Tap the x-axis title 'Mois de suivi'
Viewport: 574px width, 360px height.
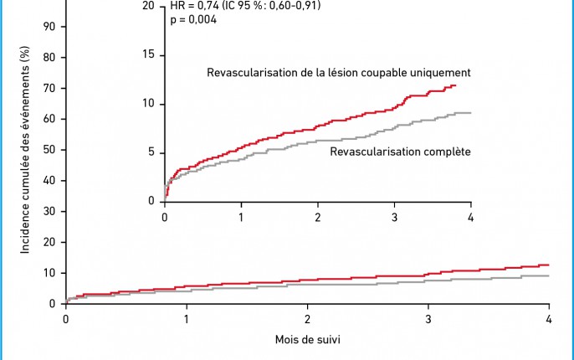[x=306, y=340]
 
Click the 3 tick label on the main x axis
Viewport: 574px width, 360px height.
[x=428, y=320]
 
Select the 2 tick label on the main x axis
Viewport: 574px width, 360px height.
[x=307, y=320]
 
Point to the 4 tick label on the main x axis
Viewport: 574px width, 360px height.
[x=548, y=320]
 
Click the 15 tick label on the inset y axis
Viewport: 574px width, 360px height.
[x=149, y=54]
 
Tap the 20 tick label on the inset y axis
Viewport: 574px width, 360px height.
[x=149, y=6]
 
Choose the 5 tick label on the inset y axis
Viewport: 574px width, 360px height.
[x=151, y=152]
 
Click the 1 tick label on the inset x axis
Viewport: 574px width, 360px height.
[x=241, y=218]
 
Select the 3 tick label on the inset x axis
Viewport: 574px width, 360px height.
[x=394, y=218]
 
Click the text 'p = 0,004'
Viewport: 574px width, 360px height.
[x=193, y=19]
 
